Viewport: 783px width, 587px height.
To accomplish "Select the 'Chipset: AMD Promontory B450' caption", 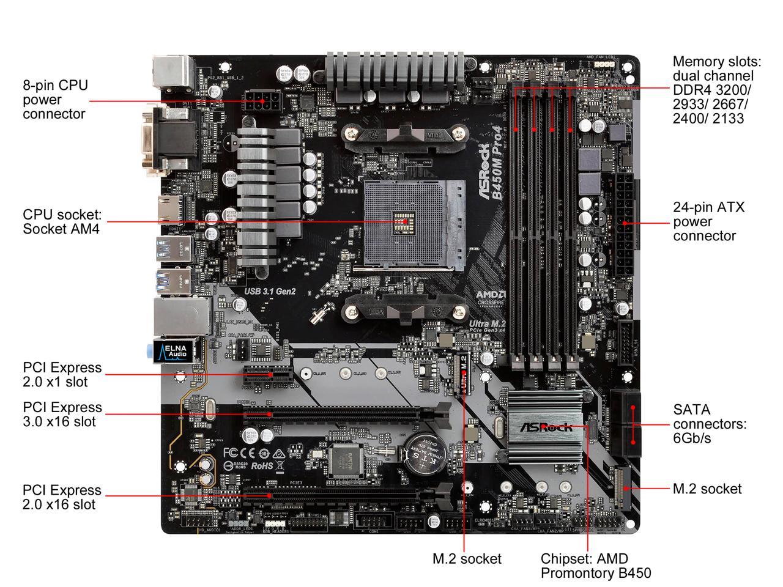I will (595, 566).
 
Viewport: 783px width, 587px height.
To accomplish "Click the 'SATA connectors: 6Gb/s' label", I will (710, 424).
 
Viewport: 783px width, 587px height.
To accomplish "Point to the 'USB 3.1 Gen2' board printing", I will (270, 292).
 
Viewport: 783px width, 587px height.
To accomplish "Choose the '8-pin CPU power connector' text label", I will (55, 99).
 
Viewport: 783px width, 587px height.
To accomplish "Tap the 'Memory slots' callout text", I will (716, 90).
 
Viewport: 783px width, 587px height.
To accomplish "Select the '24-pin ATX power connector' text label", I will (709, 221).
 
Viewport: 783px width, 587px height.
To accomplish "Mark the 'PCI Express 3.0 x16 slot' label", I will (62, 414).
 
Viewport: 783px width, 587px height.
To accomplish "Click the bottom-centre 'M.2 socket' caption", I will (467, 558).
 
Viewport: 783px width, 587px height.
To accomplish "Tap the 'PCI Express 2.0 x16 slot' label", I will (62, 497).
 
